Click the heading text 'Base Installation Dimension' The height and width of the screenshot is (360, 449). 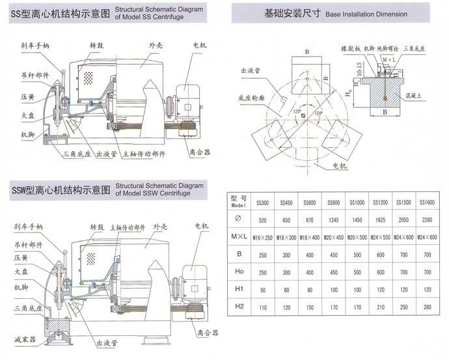(366, 13)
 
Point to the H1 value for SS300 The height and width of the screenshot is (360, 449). (264, 288)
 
